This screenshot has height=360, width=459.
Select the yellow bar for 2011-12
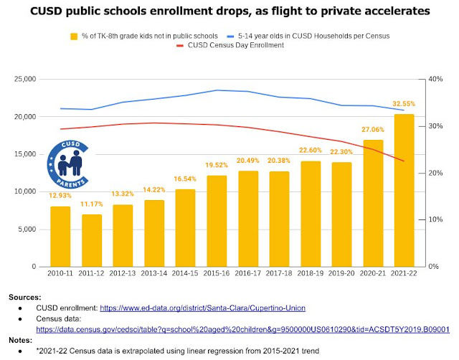[x=91, y=240]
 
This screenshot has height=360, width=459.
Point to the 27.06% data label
[x=372, y=131]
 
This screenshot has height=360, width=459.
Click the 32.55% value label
[x=404, y=104]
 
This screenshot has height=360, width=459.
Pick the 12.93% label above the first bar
[x=60, y=195]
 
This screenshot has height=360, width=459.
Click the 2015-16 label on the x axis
[x=217, y=275]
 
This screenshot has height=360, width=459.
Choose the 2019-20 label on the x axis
[x=341, y=275]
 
